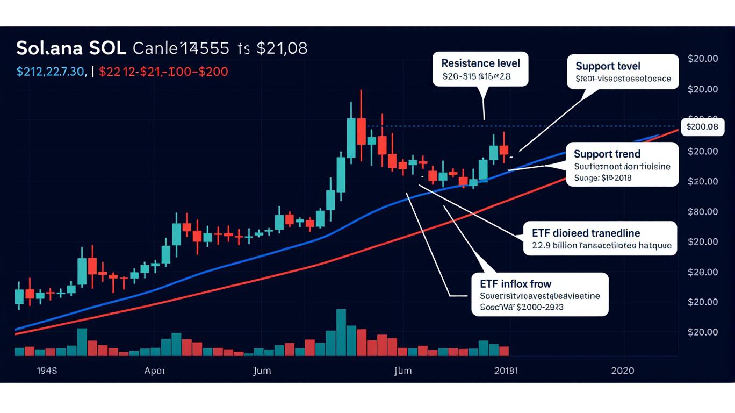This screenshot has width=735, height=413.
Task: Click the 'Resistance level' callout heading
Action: coord(480,63)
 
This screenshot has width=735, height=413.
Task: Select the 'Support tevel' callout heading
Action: coord(608,66)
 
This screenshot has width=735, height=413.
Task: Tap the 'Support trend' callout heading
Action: coord(607,154)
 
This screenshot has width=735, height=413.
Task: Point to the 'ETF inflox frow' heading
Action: coord(511,283)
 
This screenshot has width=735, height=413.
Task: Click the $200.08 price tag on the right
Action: coord(702,127)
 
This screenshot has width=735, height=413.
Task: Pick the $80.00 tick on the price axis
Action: coord(702,211)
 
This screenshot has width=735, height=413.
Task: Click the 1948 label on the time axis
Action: coord(47,371)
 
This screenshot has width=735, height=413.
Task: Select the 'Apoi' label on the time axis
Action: coord(155,371)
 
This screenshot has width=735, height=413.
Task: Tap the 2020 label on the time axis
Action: coord(622,371)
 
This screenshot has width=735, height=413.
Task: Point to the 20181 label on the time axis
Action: coord(506,371)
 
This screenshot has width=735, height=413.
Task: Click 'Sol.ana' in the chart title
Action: coord(49,48)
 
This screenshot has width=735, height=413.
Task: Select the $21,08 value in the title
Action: coord(282,48)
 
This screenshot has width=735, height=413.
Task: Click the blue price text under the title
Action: coord(52,71)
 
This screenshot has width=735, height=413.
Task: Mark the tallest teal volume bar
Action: coord(341,332)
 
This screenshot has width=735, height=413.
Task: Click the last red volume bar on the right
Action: coord(503,351)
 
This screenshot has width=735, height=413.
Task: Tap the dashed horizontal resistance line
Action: coord(430,126)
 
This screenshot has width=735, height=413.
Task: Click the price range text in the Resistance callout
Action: coord(476,77)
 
